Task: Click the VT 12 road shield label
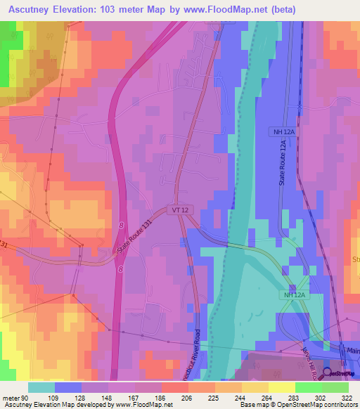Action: pos(179,209)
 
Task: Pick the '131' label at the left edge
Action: pos(4,245)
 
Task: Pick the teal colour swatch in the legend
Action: pos(41,387)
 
